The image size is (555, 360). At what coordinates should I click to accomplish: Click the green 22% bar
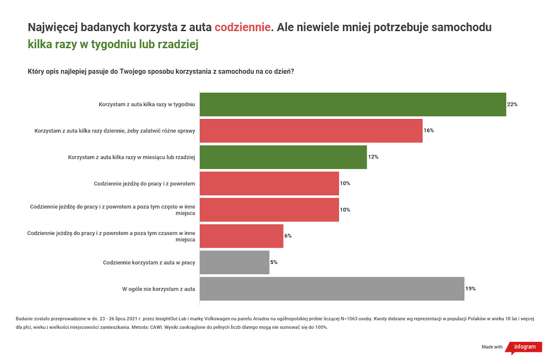coord(353,104)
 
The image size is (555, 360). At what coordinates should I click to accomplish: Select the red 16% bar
coord(311,131)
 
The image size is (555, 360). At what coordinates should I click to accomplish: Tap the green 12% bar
coord(283,157)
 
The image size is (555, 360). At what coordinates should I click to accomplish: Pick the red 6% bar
coord(241,236)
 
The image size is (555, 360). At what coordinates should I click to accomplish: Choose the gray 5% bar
coord(234,262)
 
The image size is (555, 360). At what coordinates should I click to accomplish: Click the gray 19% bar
coord(332,289)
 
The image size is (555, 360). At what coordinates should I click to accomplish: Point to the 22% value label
coord(512,104)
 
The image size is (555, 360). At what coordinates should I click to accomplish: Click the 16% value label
coord(429,130)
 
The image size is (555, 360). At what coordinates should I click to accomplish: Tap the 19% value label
coord(470,289)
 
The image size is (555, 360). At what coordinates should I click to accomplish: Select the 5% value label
coord(274,262)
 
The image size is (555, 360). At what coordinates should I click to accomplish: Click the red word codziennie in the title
coord(242,27)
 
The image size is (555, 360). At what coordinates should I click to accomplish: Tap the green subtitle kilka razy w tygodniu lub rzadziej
coord(113,44)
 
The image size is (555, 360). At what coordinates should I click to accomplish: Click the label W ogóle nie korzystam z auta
coord(159,289)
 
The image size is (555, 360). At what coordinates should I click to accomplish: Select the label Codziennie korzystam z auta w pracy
coord(149,262)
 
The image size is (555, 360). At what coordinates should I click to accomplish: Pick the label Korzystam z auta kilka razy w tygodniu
coord(147,104)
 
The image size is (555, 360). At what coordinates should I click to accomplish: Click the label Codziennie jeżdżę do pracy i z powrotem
coord(144,184)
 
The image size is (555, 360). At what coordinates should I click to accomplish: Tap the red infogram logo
coord(524,347)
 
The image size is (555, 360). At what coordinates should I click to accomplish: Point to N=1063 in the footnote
coord(349,319)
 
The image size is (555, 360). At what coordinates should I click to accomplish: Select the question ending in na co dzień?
coord(161,72)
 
